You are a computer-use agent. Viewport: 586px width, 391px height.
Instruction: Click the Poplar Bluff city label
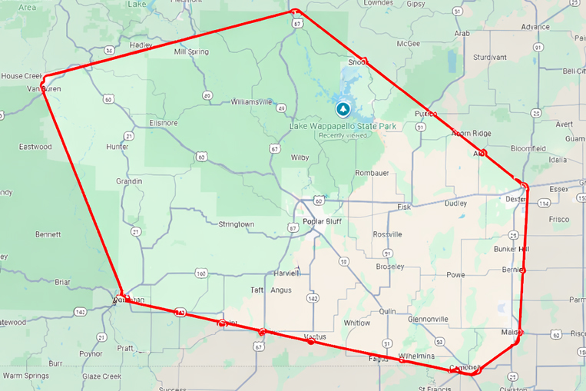(322, 222)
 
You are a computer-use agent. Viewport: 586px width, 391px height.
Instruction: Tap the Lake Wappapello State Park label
(330, 125)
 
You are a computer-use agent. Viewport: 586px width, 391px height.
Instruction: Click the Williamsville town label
(251, 101)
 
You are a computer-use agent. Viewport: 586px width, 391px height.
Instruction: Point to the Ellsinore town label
(164, 122)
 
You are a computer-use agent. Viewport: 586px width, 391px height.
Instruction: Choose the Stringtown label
(236, 224)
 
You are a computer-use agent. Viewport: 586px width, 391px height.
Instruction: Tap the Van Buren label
(44, 89)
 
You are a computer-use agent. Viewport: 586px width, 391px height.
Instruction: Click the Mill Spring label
(191, 52)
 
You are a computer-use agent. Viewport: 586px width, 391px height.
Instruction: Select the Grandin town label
(129, 181)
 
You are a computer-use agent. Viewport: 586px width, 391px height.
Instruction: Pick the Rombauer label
(372, 173)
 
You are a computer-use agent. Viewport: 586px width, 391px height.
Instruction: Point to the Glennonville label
(429, 319)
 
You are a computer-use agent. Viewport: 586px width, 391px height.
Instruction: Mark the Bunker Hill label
(512, 250)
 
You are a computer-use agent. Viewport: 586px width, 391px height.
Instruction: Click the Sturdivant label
(490, 58)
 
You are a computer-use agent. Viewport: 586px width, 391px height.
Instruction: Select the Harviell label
(286, 273)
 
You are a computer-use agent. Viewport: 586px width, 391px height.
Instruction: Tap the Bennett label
(48, 234)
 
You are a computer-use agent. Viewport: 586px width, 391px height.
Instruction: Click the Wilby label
(300, 157)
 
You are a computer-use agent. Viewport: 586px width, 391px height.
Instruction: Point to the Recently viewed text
(343, 135)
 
